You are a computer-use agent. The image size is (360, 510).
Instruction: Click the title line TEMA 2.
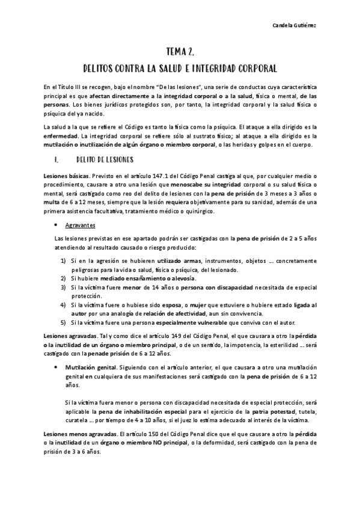(180, 53)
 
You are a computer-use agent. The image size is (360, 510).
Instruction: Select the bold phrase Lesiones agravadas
(64, 335)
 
